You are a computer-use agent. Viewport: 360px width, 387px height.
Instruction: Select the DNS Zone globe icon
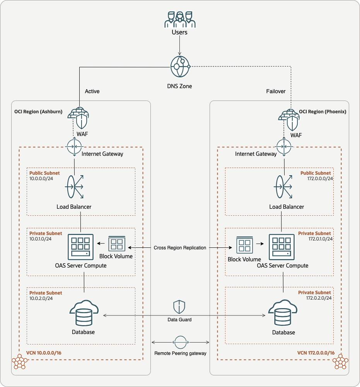pos(179,66)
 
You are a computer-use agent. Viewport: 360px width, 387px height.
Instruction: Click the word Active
pos(92,91)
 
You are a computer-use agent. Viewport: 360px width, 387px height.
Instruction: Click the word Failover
pos(276,91)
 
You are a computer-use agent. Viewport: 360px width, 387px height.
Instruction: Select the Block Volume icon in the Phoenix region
pos(244,245)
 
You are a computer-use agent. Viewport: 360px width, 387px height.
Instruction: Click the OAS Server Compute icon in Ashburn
pos(80,247)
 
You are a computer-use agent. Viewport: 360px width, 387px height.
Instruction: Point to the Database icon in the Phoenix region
pos(283,314)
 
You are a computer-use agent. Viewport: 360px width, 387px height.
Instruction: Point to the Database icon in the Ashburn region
pos(84,313)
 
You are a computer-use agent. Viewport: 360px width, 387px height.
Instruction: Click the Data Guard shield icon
pos(179,307)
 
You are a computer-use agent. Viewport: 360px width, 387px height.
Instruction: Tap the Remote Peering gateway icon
pos(180,342)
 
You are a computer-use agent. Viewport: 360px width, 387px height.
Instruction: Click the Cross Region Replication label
pos(180,247)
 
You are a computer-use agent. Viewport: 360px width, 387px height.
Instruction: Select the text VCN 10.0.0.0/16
pos(44,353)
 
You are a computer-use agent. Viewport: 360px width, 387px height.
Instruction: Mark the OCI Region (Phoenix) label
pos(322,111)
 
